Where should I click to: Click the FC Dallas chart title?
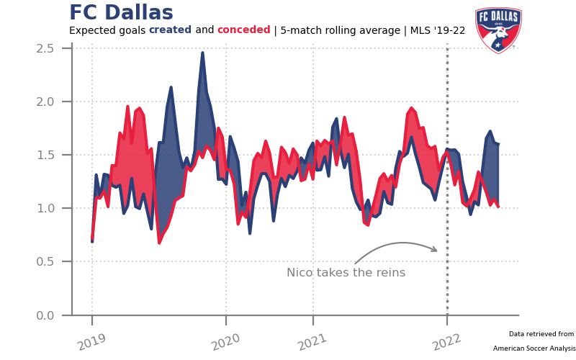click(x=121, y=12)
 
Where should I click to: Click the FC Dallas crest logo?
click(x=498, y=30)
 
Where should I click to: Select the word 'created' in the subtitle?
click(x=170, y=30)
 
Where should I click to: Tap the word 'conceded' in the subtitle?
click(x=243, y=30)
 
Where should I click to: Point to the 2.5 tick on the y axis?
click(x=45, y=48)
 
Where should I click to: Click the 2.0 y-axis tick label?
click(x=45, y=102)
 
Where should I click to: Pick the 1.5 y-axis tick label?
click(x=45, y=155)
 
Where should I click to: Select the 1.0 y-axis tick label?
click(x=45, y=208)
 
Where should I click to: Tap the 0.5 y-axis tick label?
click(x=45, y=261)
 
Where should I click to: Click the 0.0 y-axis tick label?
click(x=45, y=315)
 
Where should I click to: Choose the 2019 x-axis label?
click(x=92, y=342)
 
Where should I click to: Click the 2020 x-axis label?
click(x=225, y=342)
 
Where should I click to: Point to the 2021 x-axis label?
click(x=312, y=342)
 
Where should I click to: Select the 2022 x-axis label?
click(x=446, y=342)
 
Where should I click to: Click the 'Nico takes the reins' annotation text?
click(x=346, y=273)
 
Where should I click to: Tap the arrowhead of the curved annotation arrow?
click(x=435, y=249)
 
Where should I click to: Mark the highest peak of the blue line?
click(x=202, y=53)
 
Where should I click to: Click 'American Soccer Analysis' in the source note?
click(x=534, y=348)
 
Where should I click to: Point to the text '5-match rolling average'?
click(x=340, y=30)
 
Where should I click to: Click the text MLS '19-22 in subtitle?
click(x=438, y=30)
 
